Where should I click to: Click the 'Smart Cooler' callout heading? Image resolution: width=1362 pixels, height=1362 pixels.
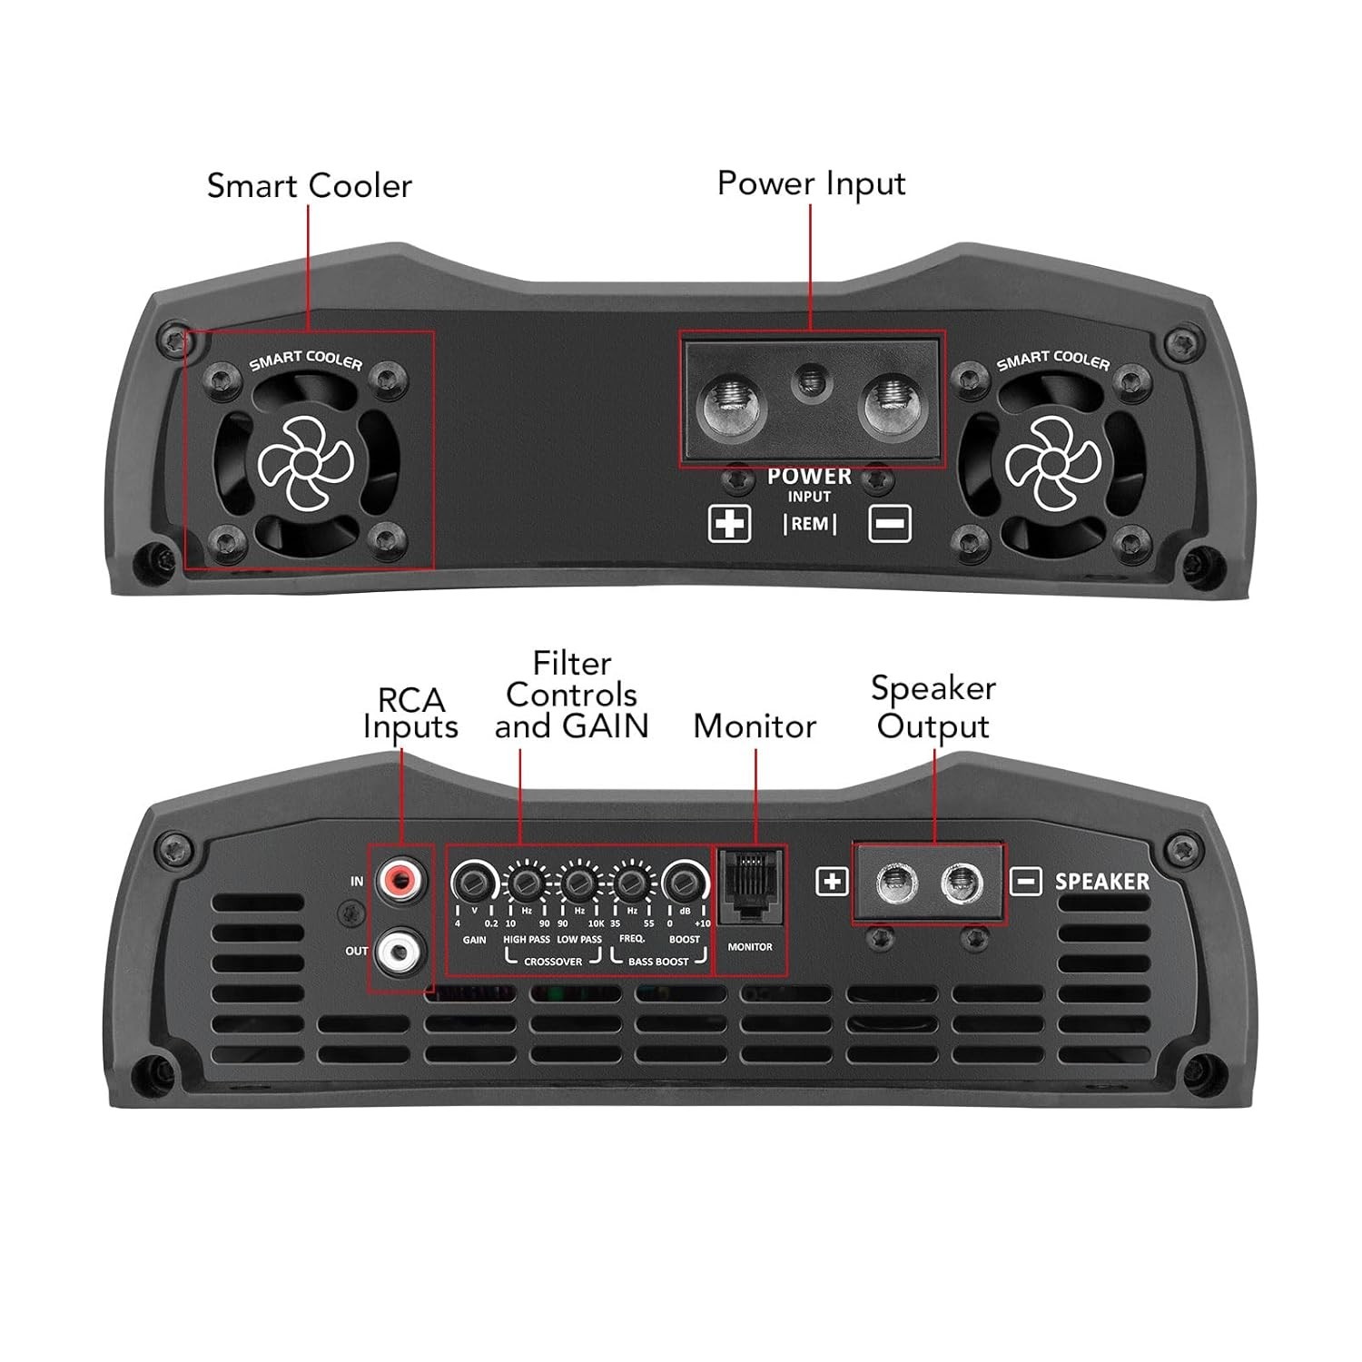pyautogui.click(x=309, y=185)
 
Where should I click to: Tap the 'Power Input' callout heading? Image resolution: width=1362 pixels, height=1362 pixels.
pyautogui.click(x=811, y=183)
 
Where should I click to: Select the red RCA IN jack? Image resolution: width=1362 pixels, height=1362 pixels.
pyautogui.click(x=400, y=878)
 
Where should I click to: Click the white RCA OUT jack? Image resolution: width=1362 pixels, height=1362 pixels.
pyautogui.click(x=400, y=951)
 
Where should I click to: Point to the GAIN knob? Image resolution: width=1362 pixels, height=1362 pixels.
pyautogui.click(x=473, y=881)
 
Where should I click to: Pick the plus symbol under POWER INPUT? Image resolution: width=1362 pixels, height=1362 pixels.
pyautogui.click(x=729, y=524)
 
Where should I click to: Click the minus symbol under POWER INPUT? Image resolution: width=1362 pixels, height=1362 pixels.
pyautogui.click(x=889, y=524)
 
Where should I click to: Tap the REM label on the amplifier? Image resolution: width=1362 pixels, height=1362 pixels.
pyautogui.click(x=809, y=524)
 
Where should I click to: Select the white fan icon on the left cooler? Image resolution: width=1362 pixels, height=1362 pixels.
pyautogui.click(x=305, y=464)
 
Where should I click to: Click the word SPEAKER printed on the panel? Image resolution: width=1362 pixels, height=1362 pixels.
pyautogui.click(x=1101, y=882)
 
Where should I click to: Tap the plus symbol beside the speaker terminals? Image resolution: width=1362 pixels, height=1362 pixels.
pyautogui.click(x=833, y=882)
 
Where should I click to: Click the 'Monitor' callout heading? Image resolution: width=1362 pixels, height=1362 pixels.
pyautogui.click(x=755, y=726)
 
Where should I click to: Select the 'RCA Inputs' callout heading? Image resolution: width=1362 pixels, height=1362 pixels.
pyautogui.click(x=410, y=714)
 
